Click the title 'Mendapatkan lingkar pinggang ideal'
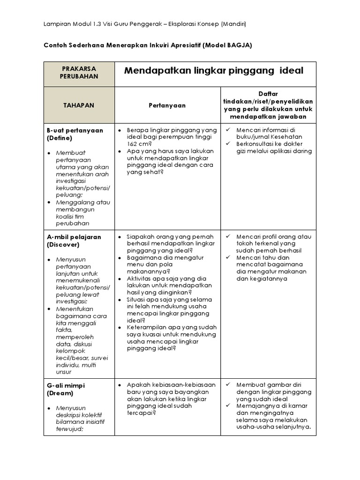click(214, 71)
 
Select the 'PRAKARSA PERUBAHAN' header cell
click(79, 72)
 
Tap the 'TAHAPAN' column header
click(79, 105)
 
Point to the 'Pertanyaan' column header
click(167, 105)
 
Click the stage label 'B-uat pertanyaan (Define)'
click(75, 135)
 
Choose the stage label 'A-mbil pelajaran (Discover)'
click(74, 241)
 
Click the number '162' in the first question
click(133, 144)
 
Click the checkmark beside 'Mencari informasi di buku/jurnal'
click(228, 130)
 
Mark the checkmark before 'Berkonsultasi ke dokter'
click(228, 143)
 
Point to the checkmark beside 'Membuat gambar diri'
click(228, 385)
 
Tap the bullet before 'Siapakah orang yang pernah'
click(120, 237)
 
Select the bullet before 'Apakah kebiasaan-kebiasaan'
click(120, 385)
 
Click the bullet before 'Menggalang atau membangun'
click(50, 202)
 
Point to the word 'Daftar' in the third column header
click(269, 94)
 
